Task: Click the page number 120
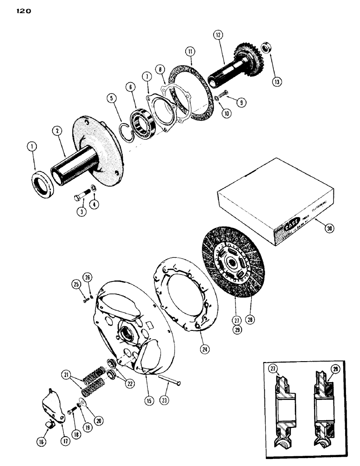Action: coord(22,13)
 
